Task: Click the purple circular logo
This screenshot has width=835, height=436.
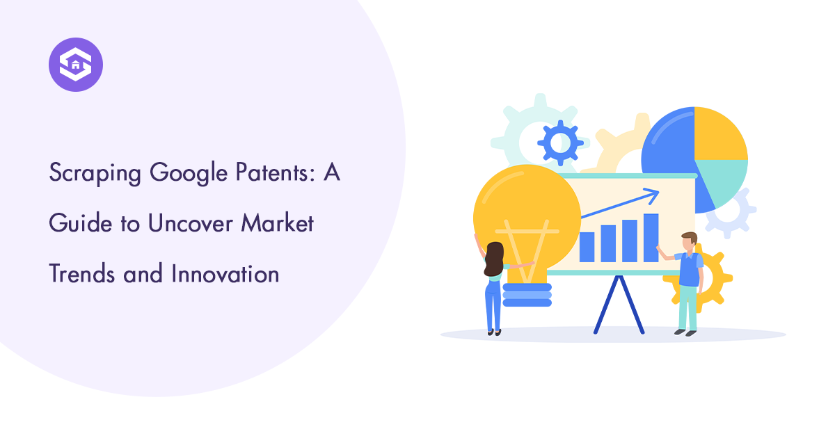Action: (76, 65)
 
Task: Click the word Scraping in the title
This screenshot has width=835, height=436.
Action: (95, 173)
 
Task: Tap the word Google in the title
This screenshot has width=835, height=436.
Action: (189, 173)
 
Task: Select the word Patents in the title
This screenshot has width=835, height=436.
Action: (276, 172)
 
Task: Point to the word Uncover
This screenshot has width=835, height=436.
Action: (190, 223)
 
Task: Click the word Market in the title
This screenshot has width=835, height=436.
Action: (277, 223)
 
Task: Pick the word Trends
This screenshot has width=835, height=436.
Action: (81, 273)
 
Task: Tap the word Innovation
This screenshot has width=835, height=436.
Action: (225, 273)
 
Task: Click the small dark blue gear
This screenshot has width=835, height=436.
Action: (560, 143)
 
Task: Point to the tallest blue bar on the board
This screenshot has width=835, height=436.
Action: (651, 238)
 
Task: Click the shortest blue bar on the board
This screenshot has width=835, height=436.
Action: (587, 247)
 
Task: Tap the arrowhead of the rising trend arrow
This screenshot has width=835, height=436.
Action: (651, 195)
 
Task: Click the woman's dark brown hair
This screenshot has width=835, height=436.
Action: (494, 259)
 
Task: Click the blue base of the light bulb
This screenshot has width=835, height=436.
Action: (527, 295)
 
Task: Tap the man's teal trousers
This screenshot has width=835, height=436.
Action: (687, 308)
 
